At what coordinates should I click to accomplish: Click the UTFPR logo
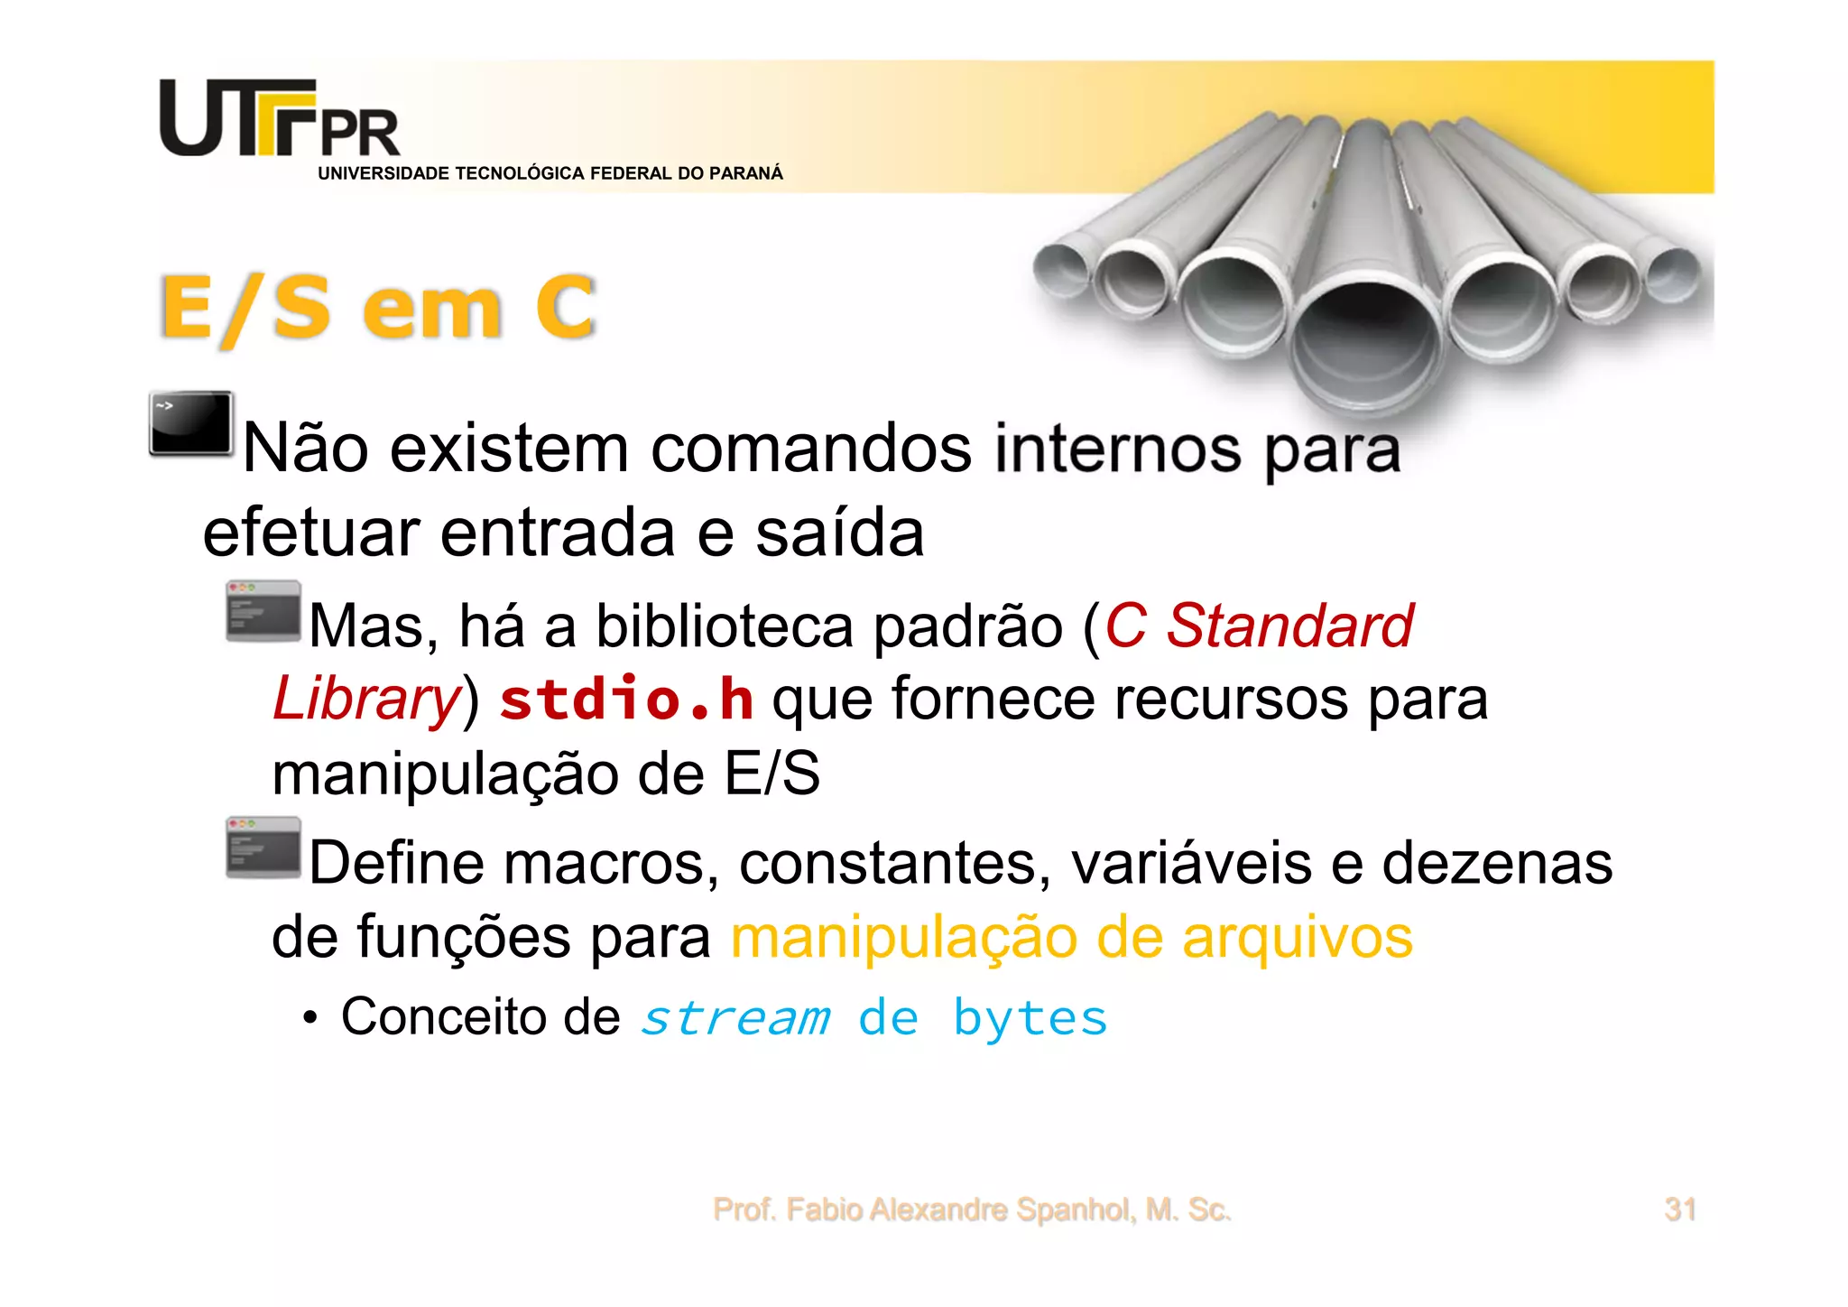coord(279,119)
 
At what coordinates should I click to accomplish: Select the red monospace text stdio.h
coord(626,700)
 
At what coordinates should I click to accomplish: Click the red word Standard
coord(1289,626)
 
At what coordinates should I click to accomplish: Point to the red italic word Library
coord(365,700)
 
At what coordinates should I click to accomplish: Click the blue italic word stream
coord(735,1018)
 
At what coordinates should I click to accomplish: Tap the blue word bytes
coord(1030,1018)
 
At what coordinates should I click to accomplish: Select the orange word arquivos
coord(1297,938)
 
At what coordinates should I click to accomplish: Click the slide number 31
coord(1680,1209)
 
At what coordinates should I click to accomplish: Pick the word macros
coord(610,864)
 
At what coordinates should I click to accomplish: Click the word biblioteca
coord(724,626)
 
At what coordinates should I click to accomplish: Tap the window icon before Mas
coord(263,611)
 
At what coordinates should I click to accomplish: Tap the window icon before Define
coord(263,848)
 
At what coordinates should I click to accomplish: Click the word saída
coord(839,533)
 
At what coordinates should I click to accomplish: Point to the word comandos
coord(811,449)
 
